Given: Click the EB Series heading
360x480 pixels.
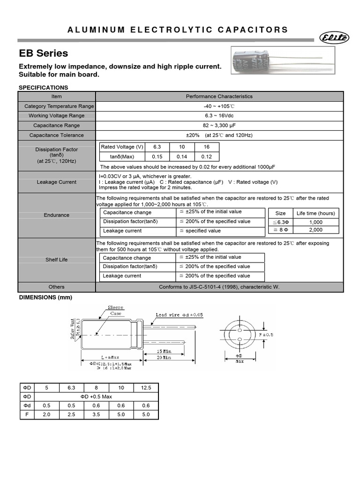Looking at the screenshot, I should pyautogui.click(x=43, y=53).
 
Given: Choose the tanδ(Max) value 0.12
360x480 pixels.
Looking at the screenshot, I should pyautogui.click(x=207, y=157).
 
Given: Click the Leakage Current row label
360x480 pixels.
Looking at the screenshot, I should pyautogui.click(x=56, y=182).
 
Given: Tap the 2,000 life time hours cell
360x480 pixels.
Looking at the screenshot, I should pyautogui.click(x=316, y=230).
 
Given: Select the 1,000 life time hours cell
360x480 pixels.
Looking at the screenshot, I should pyautogui.click(x=316, y=222).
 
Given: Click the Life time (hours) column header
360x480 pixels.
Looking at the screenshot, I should pyautogui.click(x=316, y=213).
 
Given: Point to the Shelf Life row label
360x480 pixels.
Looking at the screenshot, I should pyautogui.click(x=56, y=260).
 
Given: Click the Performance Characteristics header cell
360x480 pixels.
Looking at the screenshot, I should pyautogui.click(x=219, y=97).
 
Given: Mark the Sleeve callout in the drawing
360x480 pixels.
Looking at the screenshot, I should pyautogui.click(x=115, y=307).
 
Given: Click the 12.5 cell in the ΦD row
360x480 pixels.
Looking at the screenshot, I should pyautogui.click(x=146, y=388).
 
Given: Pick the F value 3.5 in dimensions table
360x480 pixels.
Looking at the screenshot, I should pyautogui.click(x=96, y=414).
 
